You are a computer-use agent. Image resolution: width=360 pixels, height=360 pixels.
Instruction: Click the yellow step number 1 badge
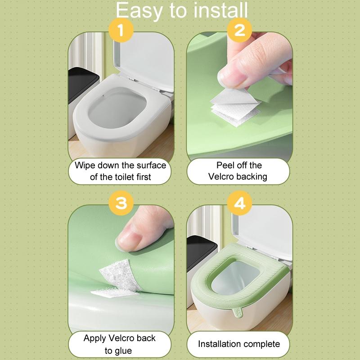click(121, 31)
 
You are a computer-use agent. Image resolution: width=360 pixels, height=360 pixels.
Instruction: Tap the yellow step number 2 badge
click(239, 31)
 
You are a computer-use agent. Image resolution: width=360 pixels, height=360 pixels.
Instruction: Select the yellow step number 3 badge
click(121, 203)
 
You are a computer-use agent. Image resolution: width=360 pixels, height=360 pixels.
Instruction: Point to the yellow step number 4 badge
click(239, 203)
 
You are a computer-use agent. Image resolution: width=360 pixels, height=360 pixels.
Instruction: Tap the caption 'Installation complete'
click(239, 344)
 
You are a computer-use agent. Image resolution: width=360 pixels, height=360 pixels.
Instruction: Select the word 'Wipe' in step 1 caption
click(85, 165)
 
